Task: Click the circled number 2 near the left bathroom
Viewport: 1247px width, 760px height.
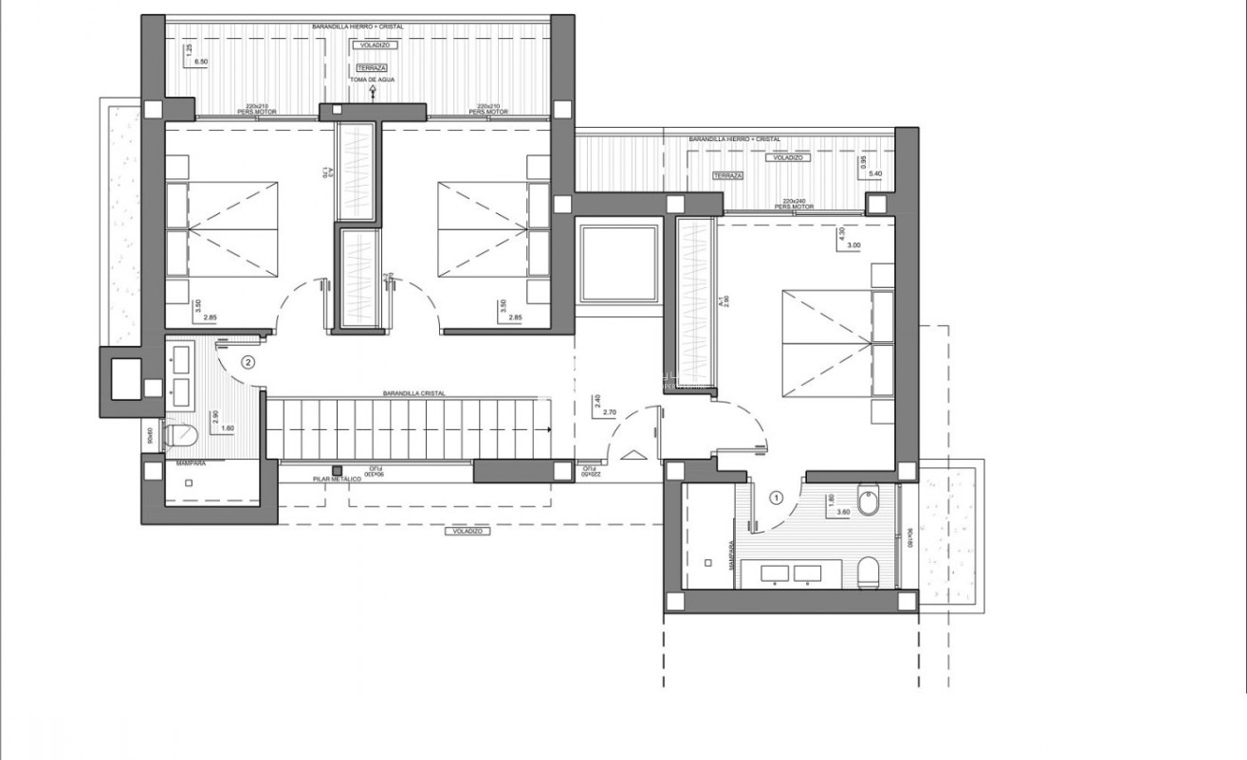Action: point(248,361)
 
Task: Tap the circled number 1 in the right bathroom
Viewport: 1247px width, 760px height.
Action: point(777,496)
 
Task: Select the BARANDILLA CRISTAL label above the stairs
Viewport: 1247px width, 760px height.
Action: point(414,393)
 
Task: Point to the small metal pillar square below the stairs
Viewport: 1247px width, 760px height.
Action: point(337,469)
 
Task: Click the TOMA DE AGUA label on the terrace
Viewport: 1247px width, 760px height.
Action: point(372,80)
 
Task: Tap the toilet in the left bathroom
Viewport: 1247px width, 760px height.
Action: point(180,436)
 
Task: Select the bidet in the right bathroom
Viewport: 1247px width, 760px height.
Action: point(867,502)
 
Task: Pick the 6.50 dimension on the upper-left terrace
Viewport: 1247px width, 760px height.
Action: point(201,61)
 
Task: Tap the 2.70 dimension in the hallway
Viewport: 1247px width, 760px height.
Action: point(610,413)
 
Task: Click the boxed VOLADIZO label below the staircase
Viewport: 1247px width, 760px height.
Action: point(467,532)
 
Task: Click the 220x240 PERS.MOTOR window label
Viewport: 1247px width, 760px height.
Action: point(800,205)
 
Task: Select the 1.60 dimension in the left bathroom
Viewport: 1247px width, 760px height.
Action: point(228,428)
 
